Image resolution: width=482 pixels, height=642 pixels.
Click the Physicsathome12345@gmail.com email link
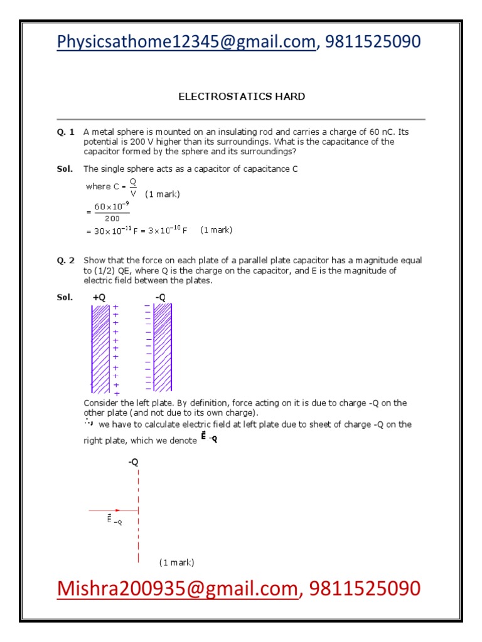[186, 41]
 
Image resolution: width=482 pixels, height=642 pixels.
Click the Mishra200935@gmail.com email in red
[176, 589]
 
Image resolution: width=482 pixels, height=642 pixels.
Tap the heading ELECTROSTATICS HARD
[242, 97]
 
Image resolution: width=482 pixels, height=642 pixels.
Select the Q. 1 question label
[65, 132]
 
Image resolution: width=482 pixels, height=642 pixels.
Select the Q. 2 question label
[65, 260]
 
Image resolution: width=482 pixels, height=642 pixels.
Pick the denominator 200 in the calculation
[112, 218]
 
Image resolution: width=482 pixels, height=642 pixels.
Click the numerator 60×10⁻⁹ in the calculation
[112, 207]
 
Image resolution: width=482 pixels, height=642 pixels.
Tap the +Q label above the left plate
[99, 297]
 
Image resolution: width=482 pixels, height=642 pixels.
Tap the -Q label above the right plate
[161, 297]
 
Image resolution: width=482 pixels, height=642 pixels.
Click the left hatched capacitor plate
[100, 347]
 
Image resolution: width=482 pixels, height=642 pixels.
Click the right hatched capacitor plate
[163, 347]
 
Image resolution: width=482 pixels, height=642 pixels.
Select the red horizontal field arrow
[113, 510]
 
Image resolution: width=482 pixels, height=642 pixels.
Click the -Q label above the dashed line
[133, 462]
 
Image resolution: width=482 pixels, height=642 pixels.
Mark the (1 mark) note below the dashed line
[176, 562]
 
